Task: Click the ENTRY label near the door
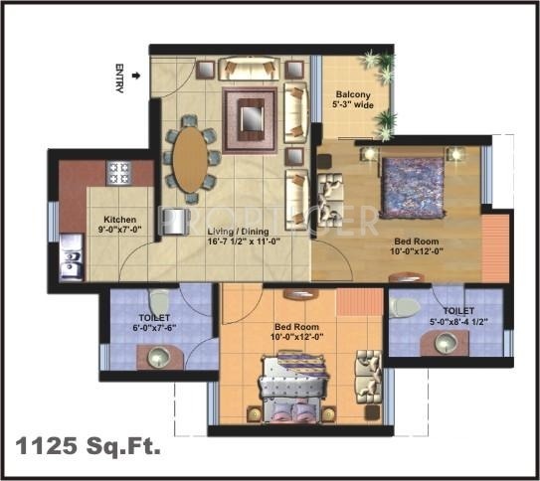[119, 80]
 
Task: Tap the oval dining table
[190, 159]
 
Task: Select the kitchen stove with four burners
[120, 173]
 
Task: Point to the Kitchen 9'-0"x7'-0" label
[120, 226]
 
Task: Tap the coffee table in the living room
[250, 119]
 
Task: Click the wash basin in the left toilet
[156, 357]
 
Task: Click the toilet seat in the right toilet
[404, 305]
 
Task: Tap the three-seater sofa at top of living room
[250, 68]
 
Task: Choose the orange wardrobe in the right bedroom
[494, 247]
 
